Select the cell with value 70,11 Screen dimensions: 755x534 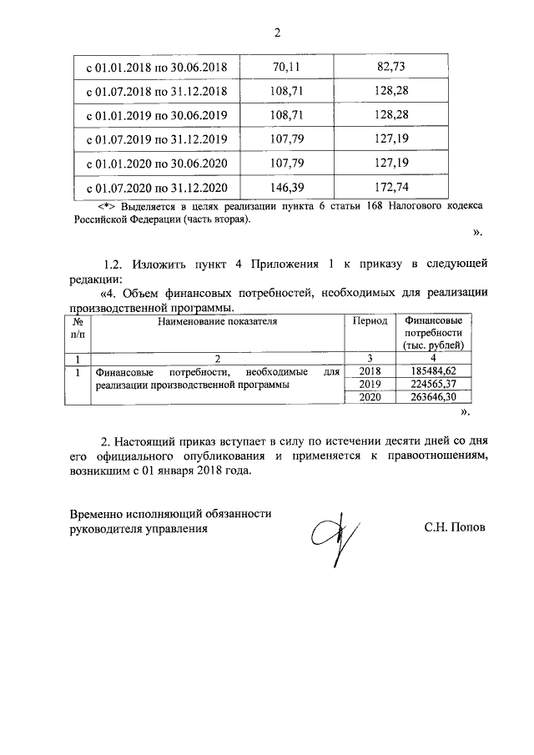pyautogui.click(x=286, y=66)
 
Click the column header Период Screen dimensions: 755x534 pyautogui.click(x=370, y=320)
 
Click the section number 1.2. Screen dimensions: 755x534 pyautogui.click(x=117, y=264)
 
